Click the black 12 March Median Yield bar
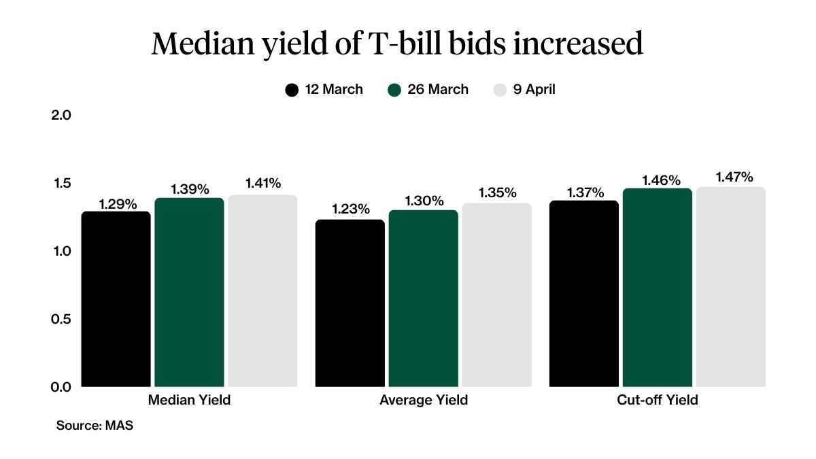116,299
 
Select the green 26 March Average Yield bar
423,299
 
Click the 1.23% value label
350,209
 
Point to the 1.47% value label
734,177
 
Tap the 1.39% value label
190,188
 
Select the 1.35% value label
497,192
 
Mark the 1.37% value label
584,192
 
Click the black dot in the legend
292,90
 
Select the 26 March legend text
438,90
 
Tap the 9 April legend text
534,90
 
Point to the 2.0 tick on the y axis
61,115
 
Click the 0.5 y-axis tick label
61,318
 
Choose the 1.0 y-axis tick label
61,251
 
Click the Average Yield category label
424,401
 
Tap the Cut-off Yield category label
657,401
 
